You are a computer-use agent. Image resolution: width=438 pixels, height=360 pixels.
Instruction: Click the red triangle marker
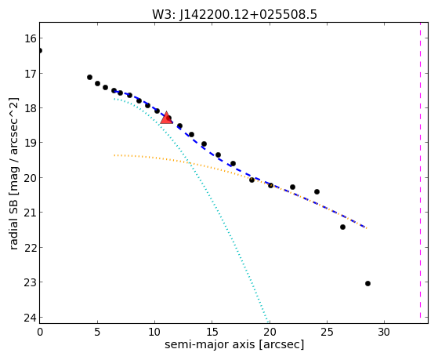[166, 118]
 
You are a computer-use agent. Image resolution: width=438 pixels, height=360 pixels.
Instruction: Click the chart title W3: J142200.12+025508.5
[234, 14]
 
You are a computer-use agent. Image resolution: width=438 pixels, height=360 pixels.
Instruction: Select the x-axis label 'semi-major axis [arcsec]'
[234, 344]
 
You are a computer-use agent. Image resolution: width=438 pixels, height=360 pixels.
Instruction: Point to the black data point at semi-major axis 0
[40, 51]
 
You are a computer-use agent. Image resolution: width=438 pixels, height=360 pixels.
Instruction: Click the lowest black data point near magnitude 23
[367, 283]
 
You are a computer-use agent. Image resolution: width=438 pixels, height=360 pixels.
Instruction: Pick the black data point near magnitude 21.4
[342, 227]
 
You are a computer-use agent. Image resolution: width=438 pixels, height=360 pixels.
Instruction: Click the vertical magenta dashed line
[420, 170]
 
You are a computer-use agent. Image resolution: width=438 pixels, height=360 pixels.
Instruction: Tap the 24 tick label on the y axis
[31, 318]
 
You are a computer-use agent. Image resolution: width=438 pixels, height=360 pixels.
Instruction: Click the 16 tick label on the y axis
[31, 38]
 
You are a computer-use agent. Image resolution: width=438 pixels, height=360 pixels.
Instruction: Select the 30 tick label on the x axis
[384, 332]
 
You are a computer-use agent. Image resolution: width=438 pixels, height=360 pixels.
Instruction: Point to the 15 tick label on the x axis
[212, 332]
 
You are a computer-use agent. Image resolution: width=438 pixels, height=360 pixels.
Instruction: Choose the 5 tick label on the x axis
[97, 332]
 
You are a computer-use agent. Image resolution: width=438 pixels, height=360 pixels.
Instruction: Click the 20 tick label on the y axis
[31, 177]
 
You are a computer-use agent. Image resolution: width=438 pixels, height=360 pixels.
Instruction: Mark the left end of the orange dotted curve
[114, 155]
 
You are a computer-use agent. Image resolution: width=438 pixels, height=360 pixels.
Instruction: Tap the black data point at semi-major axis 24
[317, 191]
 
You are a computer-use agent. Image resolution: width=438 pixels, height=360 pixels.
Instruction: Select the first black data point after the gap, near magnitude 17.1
[89, 77]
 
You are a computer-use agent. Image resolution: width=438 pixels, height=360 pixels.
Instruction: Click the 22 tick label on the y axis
[31, 248]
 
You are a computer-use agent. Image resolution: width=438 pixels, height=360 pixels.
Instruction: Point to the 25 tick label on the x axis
[327, 332]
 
